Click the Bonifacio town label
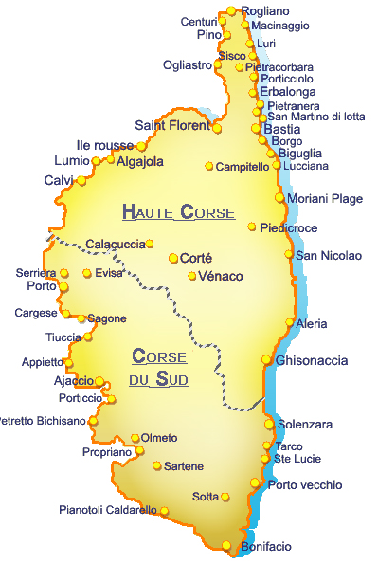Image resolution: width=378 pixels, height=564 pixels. pyautogui.click(x=266, y=547)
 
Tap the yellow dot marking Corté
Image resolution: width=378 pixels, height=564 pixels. pyautogui.click(x=173, y=258)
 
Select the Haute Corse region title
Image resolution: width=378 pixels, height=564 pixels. pyautogui.click(x=178, y=212)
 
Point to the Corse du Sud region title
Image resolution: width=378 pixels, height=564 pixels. pyautogui.click(x=159, y=368)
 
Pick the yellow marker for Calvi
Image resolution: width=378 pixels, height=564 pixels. pyautogui.click(x=81, y=181)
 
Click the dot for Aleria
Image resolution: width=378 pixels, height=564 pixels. pyautogui.click(x=290, y=323)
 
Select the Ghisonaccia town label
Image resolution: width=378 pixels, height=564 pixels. pyautogui.click(x=311, y=360)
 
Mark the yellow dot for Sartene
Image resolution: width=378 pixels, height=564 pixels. pyautogui.click(x=157, y=466)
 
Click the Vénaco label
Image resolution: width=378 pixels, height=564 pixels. pyautogui.click(x=221, y=276)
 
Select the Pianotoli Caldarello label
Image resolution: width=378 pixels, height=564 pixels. pyautogui.click(x=107, y=510)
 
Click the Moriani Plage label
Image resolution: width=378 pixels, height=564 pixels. pyautogui.click(x=325, y=198)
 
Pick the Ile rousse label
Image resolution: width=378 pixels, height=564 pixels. pyautogui.click(x=105, y=145)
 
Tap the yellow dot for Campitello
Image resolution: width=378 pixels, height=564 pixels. pyautogui.click(x=209, y=167)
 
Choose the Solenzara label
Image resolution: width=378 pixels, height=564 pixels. pyautogui.click(x=305, y=424)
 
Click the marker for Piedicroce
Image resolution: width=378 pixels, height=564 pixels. pyautogui.click(x=252, y=227)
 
